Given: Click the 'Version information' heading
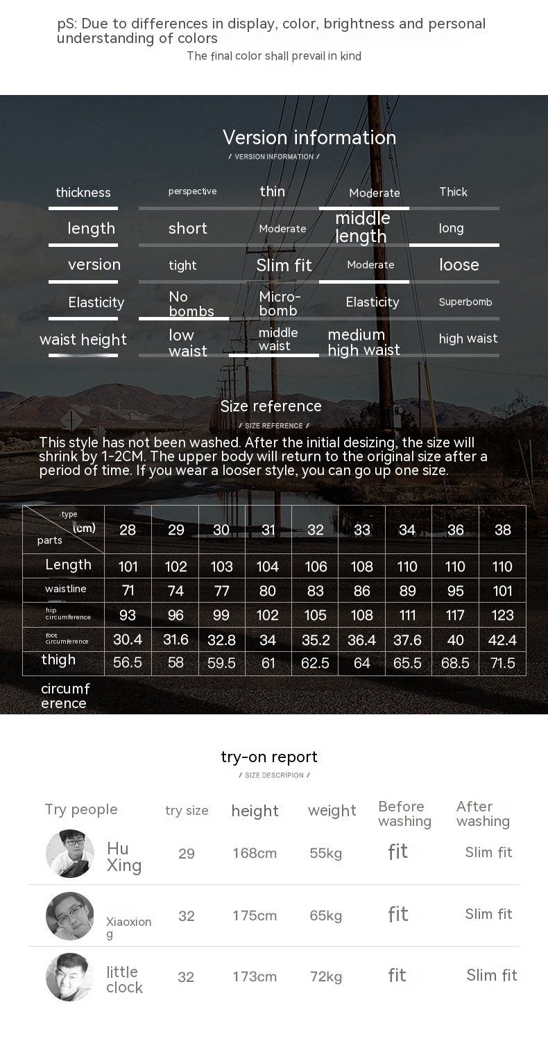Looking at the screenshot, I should click(x=309, y=137).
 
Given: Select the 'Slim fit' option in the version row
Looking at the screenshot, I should click(x=284, y=266).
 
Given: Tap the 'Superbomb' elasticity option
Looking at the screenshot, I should click(x=465, y=302).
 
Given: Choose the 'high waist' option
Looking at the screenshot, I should click(x=468, y=338).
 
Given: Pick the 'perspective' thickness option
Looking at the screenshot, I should click(x=192, y=191).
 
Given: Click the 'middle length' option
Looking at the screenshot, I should click(x=362, y=227).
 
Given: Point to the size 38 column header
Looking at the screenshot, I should click(x=502, y=530).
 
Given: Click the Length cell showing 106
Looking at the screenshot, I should click(x=316, y=567).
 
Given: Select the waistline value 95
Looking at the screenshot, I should click(x=455, y=591).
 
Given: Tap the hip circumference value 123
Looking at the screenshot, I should click(x=502, y=615).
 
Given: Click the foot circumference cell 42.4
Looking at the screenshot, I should click(x=502, y=639).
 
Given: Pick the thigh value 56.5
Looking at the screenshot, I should click(x=128, y=663).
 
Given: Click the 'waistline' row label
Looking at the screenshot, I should click(x=66, y=589).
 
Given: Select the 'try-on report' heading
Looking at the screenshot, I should click(x=269, y=757).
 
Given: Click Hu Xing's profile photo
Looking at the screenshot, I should click(x=70, y=854).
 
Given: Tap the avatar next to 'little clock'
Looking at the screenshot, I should click(x=70, y=977).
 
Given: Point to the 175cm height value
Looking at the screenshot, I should click(x=255, y=915).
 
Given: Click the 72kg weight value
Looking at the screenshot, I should click(x=326, y=977).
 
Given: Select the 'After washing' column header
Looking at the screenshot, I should click(x=483, y=813).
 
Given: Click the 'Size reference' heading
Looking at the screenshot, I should click(x=271, y=406).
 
